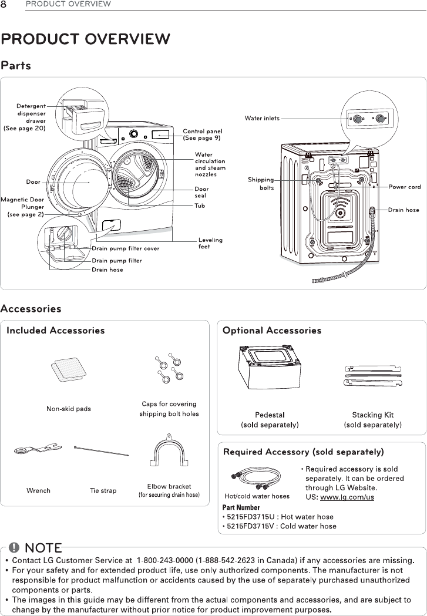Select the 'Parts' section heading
pyautogui.click(x=16, y=65)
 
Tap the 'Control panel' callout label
pyautogui.click(x=202, y=134)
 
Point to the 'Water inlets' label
pyautogui.click(x=262, y=119)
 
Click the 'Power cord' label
pyautogui.click(x=405, y=187)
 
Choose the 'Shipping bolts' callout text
pyautogui.click(x=261, y=184)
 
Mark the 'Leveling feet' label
pyautogui.click(x=210, y=243)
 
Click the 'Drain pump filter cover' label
pyautogui.click(x=125, y=248)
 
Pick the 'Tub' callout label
pyautogui.click(x=200, y=206)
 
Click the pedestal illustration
pyautogui.click(x=270, y=372)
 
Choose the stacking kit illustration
pyautogui.click(x=372, y=376)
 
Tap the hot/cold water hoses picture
pyautogui.click(x=257, y=477)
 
